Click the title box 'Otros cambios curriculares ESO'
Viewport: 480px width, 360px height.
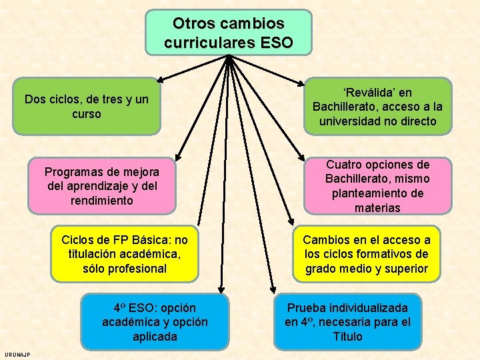(228, 32)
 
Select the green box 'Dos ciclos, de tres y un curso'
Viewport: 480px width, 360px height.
(86, 107)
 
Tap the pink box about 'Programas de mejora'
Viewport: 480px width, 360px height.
(102, 186)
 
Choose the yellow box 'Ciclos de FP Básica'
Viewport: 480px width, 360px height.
(124, 254)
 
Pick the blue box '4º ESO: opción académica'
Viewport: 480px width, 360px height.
(154, 322)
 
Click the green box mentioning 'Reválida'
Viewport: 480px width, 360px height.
(377, 107)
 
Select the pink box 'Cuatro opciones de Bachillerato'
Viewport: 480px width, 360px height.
(377, 186)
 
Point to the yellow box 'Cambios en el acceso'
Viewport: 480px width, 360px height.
(366, 254)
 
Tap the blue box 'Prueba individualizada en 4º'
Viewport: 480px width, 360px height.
(347, 322)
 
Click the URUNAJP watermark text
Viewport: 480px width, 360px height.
(16, 353)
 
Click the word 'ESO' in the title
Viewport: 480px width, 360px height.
(277, 43)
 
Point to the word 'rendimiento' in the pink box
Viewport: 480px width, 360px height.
(102, 201)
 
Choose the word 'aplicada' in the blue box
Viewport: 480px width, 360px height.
(154, 337)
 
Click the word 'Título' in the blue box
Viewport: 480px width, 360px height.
(347, 337)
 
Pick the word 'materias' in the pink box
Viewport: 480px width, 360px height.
(377, 208)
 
